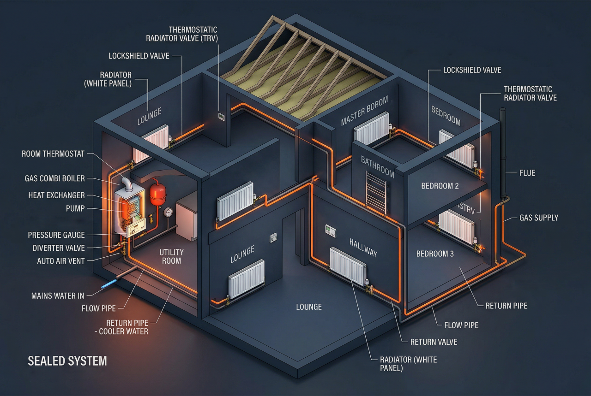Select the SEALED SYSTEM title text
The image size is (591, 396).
(67, 361)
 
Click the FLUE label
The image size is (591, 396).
(527, 173)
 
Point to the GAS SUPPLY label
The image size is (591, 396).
(539, 218)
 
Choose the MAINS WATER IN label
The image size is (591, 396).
(58, 296)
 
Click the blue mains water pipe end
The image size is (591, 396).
(110, 282)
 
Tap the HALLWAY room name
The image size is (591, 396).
(363, 248)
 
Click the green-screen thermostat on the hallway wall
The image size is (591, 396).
(331, 231)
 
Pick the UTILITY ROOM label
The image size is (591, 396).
(171, 256)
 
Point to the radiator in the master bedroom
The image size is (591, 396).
(372, 129)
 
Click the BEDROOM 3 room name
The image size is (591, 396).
(438, 254)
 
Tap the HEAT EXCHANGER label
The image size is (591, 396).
(56, 195)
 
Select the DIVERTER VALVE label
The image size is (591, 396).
(59, 248)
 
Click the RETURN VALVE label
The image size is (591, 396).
(434, 342)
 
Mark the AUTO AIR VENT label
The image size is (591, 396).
(61, 261)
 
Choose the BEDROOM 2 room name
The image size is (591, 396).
(440, 186)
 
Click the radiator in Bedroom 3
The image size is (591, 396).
(457, 226)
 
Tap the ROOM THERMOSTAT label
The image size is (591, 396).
(53, 154)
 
